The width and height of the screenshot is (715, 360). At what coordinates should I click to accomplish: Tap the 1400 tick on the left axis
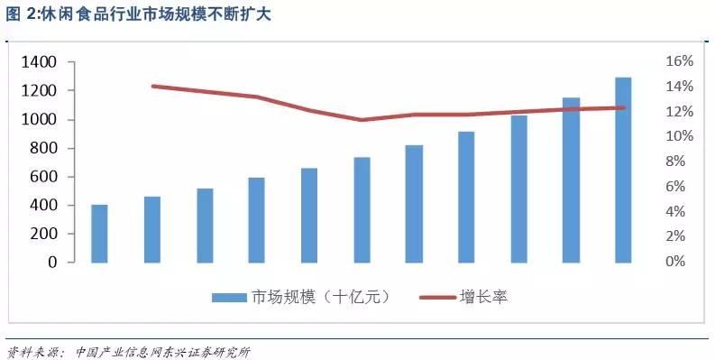pos(40,62)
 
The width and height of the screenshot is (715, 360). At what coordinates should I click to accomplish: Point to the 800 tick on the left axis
pos(43,148)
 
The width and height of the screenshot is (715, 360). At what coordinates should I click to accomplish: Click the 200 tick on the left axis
pos(43,234)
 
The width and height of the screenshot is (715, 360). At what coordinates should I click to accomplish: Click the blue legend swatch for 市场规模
pos(229,297)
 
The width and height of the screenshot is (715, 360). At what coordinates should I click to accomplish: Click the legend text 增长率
pos(484,297)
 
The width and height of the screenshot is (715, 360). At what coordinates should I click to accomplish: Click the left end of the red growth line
pos(152,86)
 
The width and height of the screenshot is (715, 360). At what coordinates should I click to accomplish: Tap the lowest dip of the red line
pos(362,119)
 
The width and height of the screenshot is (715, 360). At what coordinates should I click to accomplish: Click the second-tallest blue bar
pos(571,180)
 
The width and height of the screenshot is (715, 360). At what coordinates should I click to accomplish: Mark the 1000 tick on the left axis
pos(40,119)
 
